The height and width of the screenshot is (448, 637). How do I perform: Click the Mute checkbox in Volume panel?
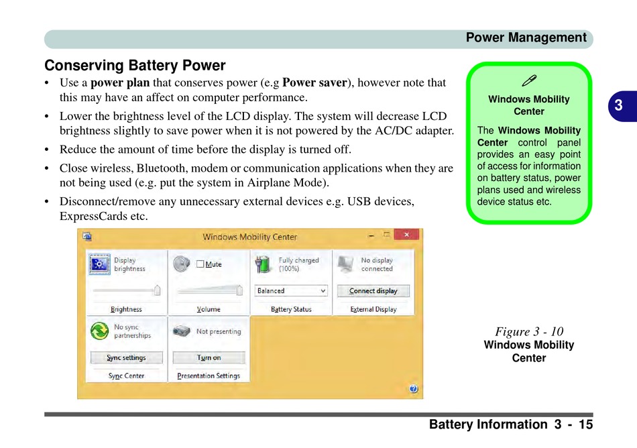pos(200,264)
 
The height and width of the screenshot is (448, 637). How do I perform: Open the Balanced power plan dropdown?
pos(292,291)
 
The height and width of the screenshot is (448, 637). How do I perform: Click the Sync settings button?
pos(127,357)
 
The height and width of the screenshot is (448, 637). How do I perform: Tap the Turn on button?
pos(209,357)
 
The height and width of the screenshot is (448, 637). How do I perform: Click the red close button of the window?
pos(406,235)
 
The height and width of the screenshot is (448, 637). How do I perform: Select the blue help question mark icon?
pos(413,388)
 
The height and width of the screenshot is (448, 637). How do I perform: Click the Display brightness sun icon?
pos(99,264)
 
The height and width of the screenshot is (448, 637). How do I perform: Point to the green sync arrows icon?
pos(99,331)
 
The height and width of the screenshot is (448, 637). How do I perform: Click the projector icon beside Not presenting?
pos(182,331)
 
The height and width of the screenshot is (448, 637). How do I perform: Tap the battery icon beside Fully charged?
pos(266,264)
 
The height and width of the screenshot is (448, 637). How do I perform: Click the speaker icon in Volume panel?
pos(181,264)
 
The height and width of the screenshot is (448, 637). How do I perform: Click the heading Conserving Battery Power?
pos(135,66)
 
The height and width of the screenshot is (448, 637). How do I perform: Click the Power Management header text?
pos(526,38)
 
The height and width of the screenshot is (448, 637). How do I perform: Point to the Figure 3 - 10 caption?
pos(529,331)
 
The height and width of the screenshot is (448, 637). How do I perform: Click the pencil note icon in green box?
pos(528,81)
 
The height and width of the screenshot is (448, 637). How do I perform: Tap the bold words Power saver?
pos(314,83)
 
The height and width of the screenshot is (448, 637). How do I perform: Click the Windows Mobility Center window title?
pos(249,237)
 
